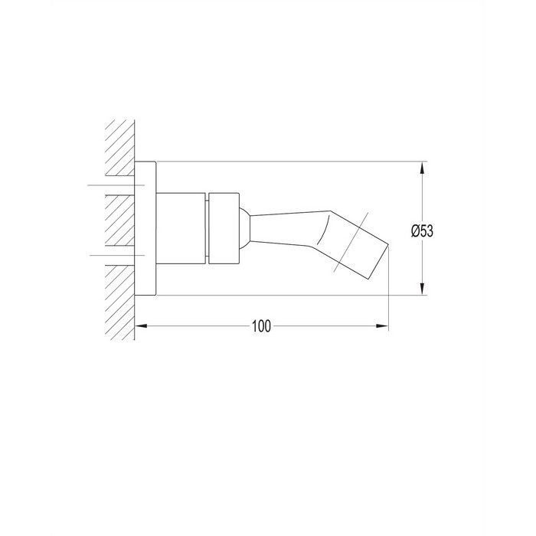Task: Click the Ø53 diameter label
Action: point(422,231)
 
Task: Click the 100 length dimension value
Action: point(262,326)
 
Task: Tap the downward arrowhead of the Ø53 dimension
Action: point(423,289)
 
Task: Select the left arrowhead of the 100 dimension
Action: point(141,325)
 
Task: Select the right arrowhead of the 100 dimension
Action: point(382,325)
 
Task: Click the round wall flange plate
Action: point(145,228)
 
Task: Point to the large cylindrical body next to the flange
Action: point(181,228)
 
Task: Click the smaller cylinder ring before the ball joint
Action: point(224,228)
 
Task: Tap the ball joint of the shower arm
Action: point(244,228)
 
